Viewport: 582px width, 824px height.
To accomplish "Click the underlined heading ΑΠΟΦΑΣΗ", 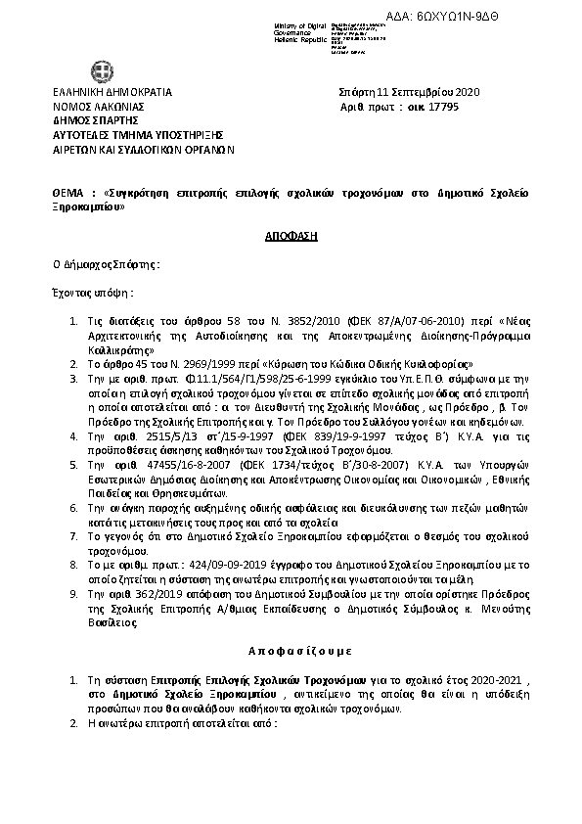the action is [x=291, y=237].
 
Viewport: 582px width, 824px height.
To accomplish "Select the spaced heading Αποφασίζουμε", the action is [x=291, y=650].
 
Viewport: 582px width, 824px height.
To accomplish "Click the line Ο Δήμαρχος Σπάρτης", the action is [x=107, y=264].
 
